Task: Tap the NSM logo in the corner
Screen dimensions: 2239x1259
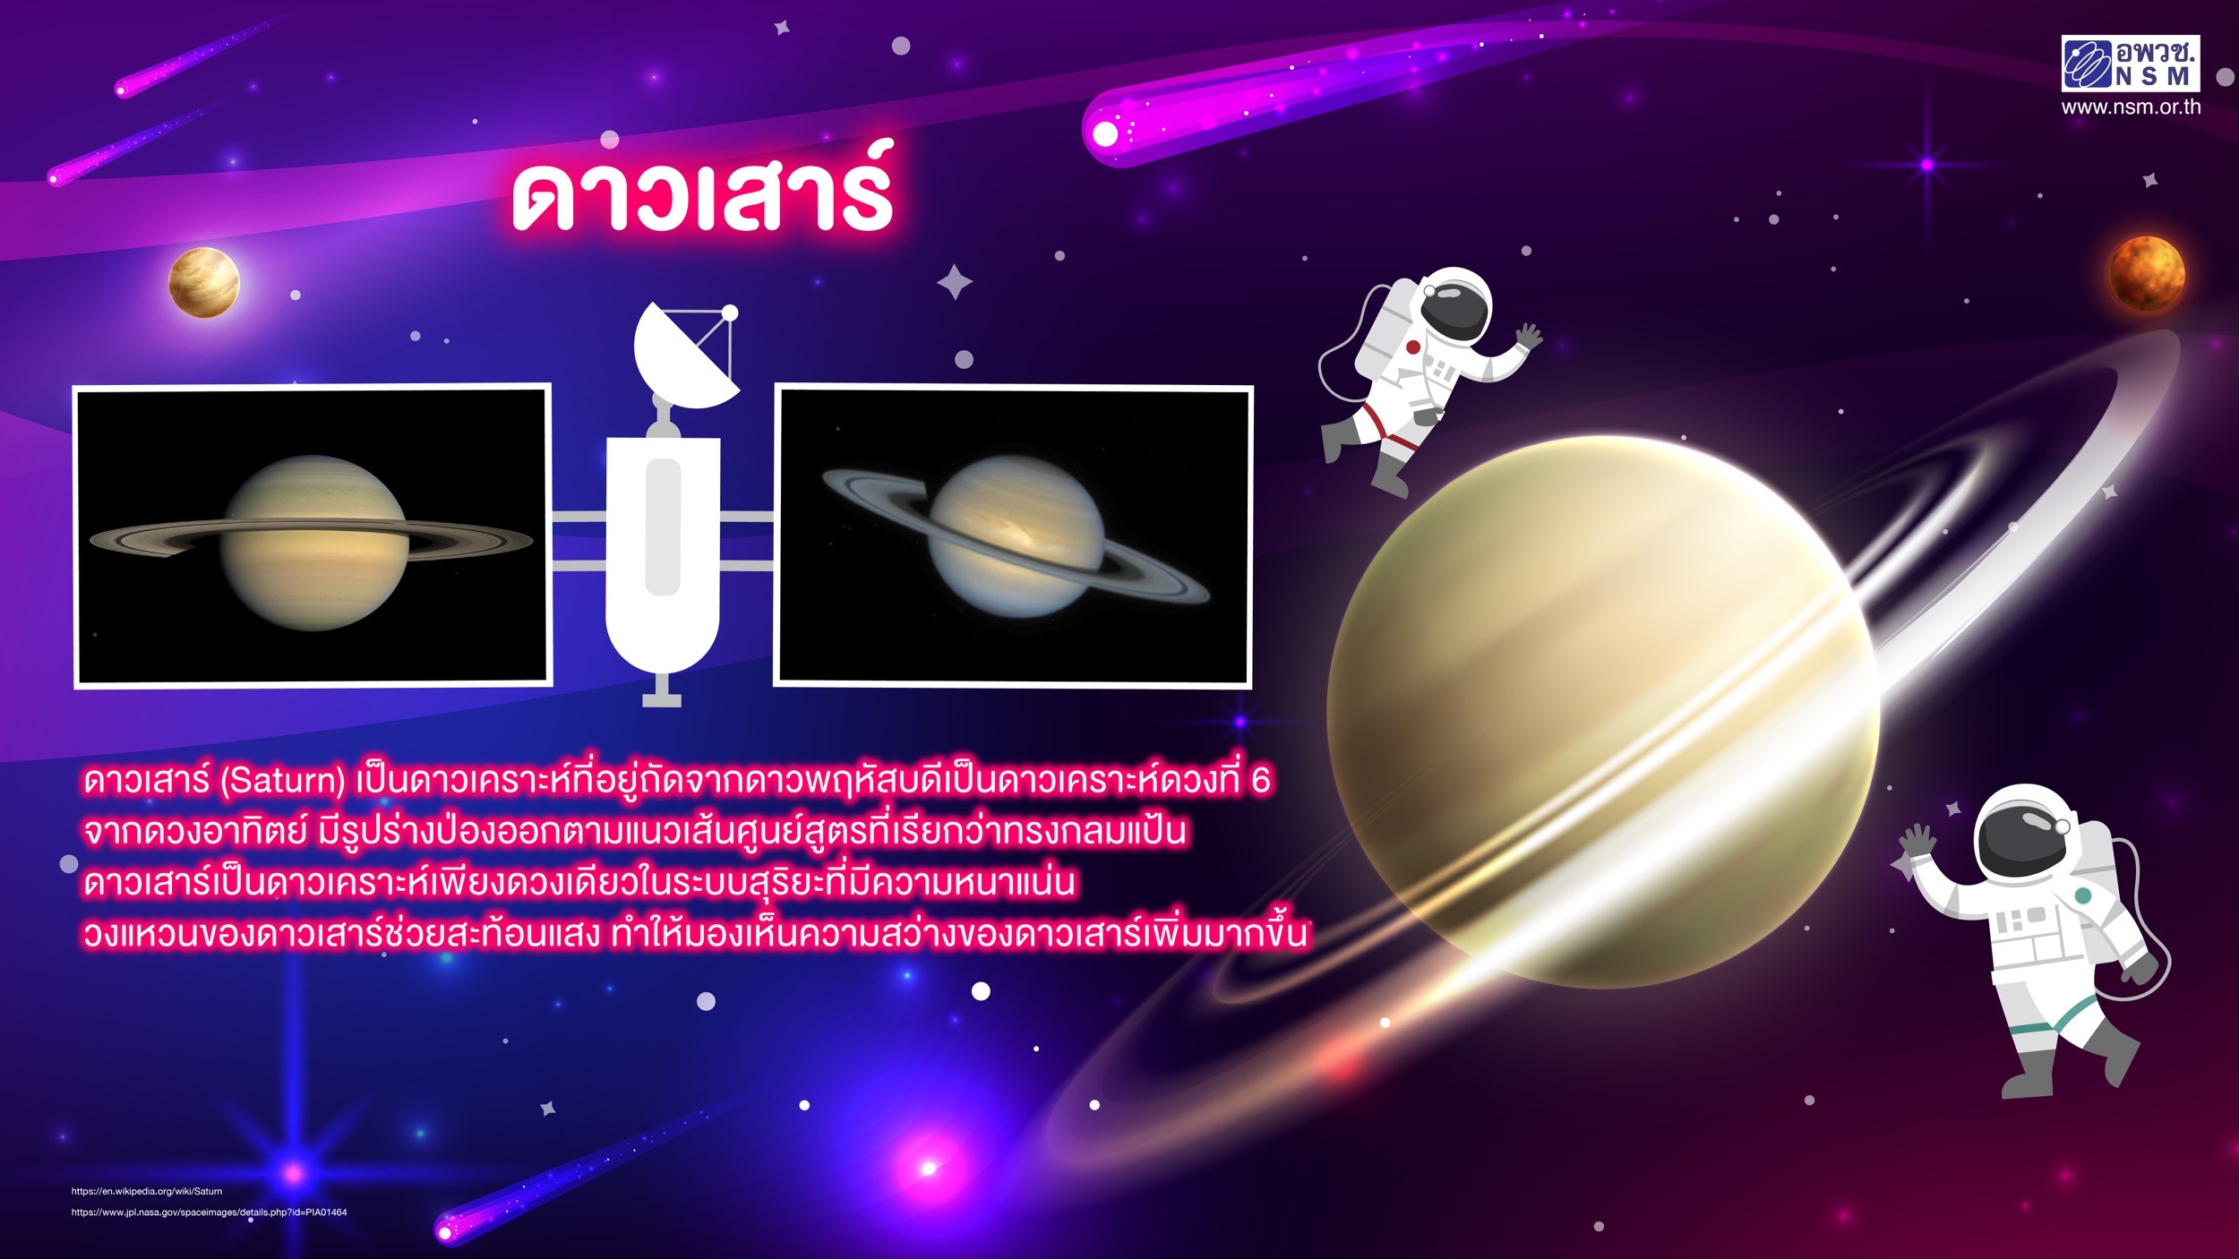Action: pyautogui.click(x=2131, y=64)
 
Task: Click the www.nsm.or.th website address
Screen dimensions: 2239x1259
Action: pyautogui.click(x=2131, y=107)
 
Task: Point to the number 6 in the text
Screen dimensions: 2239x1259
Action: pyautogui.click(x=1260, y=781)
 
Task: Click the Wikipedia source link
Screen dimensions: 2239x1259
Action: pyautogui.click(x=147, y=1191)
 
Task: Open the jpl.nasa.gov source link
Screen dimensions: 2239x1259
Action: pyautogui.click(x=209, y=1212)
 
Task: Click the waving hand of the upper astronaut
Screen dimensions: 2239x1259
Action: pyautogui.click(x=1528, y=338)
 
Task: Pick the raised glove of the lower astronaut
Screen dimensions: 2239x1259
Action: pyautogui.click(x=1917, y=842)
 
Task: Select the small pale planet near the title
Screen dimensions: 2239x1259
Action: pyautogui.click(x=204, y=283)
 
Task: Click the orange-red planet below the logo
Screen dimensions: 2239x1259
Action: pyautogui.click(x=2147, y=274)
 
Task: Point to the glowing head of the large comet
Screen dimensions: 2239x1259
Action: pyautogui.click(x=1106, y=134)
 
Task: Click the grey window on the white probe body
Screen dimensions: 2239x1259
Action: pyautogui.click(x=663, y=527)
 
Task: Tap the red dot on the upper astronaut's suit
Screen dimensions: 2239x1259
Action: pyautogui.click(x=1412, y=347)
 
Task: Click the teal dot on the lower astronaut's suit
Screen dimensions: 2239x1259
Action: pyautogui.click(x=2083, y=895)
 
